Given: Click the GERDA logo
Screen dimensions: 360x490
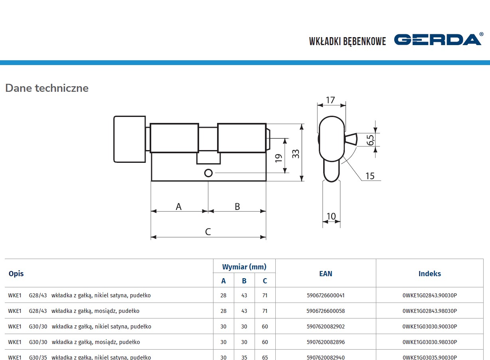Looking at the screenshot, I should click(438, 40).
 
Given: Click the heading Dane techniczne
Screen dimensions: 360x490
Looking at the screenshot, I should click(47, 88).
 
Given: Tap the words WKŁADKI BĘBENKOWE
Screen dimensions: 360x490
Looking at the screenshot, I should click(347, 41).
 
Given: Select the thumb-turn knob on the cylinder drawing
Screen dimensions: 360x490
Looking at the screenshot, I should click(130, 139).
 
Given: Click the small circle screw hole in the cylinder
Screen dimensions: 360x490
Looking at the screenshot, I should click(208, 173).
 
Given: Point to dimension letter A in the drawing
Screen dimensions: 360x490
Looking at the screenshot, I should click(179, 206).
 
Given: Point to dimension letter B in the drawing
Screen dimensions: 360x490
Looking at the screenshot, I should click(237, 206).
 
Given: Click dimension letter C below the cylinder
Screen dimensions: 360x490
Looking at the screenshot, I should click(208, 232).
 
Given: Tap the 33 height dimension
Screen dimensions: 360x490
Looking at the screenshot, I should click(296, 154).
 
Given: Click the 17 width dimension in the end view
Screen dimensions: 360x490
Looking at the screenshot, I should click(330, 100).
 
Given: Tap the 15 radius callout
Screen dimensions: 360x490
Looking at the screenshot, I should click(370, 176).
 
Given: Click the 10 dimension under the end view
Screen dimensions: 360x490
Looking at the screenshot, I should click(331, 216).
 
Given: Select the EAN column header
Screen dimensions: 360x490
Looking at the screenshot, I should click(326, 273).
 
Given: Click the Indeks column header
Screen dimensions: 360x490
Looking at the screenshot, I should click(430, 273).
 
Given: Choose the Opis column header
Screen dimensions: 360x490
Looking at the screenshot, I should click(16, 273).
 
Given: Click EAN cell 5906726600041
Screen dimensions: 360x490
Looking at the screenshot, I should click(326, 295).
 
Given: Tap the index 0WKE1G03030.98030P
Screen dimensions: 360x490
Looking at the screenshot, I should click(430, 342).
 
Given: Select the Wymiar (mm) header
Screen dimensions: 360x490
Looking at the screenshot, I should click(244, 267).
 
